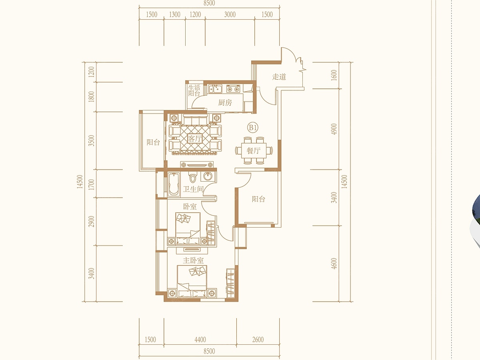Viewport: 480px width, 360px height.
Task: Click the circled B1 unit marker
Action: click(253, 128)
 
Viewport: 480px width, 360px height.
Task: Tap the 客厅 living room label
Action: click(195, 138)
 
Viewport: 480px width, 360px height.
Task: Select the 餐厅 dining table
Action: click(254, 150)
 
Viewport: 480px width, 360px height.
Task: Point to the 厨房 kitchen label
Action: click(225, 102)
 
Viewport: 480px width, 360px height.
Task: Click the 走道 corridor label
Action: click(279, 76)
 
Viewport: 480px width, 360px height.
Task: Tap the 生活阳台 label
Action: click(194, 90)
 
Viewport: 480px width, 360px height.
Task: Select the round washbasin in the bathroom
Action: click(208, 176)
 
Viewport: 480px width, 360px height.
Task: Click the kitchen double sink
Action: click(215, 89)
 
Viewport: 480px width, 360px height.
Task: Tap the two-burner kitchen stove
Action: click(233, 89)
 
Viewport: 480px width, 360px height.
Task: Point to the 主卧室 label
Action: click(193, 260)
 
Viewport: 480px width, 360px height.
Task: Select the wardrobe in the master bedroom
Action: click(230, 283)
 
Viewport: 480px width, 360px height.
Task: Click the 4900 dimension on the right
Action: click(334, 129)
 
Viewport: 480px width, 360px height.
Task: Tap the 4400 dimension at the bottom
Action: click(200, 340)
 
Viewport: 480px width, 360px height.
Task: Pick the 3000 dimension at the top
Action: click(230, 15)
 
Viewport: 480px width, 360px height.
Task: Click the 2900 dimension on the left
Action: click(92, 222)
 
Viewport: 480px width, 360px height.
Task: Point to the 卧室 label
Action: click(190, 206)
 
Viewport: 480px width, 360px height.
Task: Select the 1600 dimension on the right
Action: click(334, 75)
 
